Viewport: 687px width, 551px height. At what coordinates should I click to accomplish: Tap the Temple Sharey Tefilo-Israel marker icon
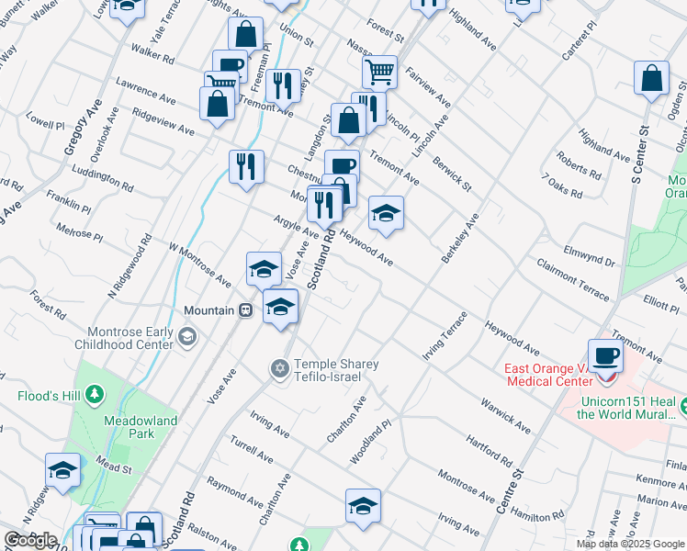[x=279, y=368]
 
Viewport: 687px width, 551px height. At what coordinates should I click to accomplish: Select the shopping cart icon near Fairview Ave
[x=378, y=71]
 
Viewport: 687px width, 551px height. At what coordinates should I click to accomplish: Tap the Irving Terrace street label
[x=445, y=334]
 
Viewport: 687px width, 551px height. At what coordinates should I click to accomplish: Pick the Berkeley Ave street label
[x=460, y=239]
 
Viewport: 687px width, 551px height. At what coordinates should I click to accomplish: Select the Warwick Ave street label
[x=505, y=415]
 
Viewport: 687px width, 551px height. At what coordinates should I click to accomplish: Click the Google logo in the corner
[x=30, y=540]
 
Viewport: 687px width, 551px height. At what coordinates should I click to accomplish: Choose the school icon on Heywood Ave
[x=386, y=213]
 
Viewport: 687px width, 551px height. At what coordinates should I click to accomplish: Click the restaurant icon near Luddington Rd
[x=246, y=166]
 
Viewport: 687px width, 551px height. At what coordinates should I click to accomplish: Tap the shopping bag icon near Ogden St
[x=651, y=79]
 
